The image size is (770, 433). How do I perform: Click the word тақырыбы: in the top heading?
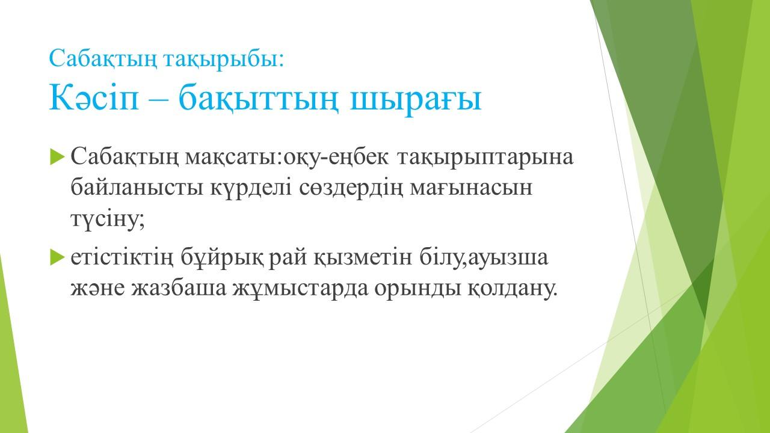click(224, 59)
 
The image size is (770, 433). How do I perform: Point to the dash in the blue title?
click(158, 100)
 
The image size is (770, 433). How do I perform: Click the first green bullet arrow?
click(57, 156)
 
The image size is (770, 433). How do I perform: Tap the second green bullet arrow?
click(57, 257)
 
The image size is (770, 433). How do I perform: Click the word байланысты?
click(137, 188)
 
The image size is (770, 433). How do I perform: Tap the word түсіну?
click(108, 220)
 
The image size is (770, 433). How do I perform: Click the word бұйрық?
click(223, 259)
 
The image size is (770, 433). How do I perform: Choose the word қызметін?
click(362, 258)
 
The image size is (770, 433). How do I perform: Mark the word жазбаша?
click(179, 288)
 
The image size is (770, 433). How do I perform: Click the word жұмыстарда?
click(300, 289)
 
